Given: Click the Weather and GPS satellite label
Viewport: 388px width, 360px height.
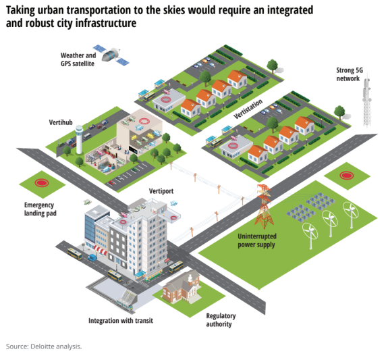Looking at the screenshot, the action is [x=78, y=59].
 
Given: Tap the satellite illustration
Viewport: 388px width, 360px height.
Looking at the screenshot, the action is [x=111, y=55].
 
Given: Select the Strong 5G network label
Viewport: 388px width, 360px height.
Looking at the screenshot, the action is [x=349, y=74].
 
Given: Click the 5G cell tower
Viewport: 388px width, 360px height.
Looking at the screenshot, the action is [x=366, y=101].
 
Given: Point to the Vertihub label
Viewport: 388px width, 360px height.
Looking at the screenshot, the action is [x=61, y=122].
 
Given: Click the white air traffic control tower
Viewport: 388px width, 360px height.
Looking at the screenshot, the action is [x=79, y=140].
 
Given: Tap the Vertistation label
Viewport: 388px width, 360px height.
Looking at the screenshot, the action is [x=248, y=109].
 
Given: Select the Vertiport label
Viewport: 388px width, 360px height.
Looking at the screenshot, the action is [x=161, y=191].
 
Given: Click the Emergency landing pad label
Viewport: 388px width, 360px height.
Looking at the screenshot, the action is [x=40, y=209].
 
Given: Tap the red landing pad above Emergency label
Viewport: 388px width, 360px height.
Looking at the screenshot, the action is [x=42, y=183].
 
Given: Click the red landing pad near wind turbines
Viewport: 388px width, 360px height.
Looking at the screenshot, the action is [x=346, y=176].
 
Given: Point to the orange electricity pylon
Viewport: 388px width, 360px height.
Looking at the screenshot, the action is [x=265, y=206].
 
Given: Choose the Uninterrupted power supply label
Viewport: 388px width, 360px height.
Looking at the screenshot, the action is [x=257, y=240].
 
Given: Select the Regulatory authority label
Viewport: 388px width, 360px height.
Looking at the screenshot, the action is [x=221, y=320].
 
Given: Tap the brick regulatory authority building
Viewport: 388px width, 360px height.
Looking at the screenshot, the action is [x=182, y=287].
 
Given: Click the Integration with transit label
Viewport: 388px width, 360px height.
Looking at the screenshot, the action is [x=121, y=321].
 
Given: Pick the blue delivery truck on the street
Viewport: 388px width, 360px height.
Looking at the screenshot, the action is [x=92, y=258].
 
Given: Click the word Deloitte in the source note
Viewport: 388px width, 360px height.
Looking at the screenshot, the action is [x=42, y=346].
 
